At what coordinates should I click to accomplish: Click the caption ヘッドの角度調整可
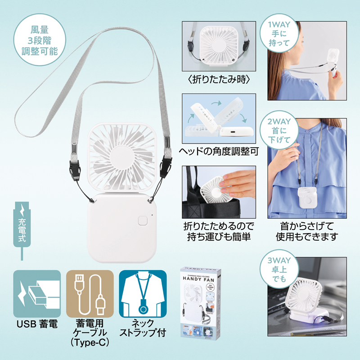point(219,152)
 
